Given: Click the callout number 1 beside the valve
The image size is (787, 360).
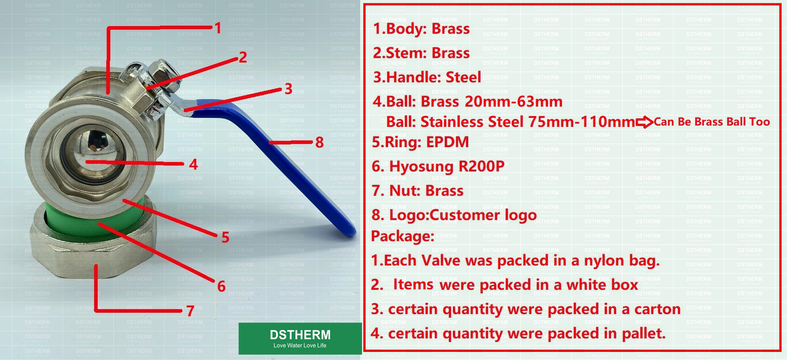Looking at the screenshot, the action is click(x=218, y=28).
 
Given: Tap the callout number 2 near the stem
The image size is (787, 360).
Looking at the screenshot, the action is click(x=243, y=58).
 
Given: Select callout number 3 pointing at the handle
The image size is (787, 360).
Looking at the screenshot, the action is click(x=288, y=89).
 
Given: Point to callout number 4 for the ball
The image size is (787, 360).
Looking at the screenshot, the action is click(x=193, y=164).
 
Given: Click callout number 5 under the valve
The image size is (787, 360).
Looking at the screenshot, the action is click(x=225, y=237).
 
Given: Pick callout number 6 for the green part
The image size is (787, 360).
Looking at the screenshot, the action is click(x=221, y=286).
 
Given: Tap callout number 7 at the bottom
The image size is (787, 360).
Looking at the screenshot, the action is click(x=190, y=310).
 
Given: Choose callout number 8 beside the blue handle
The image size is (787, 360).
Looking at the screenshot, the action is click(x=319, y=142).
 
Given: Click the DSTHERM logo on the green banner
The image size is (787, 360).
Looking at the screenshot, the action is click(x=300, y=335).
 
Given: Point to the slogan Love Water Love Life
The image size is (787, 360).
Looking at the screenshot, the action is click(x=300, y=346).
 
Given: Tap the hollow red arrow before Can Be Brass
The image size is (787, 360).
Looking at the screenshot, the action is click(x=644, y=122).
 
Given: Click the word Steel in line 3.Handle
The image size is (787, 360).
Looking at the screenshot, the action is click(x=463, y=77).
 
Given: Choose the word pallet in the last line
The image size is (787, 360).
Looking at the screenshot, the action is click(x=643, y=333).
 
